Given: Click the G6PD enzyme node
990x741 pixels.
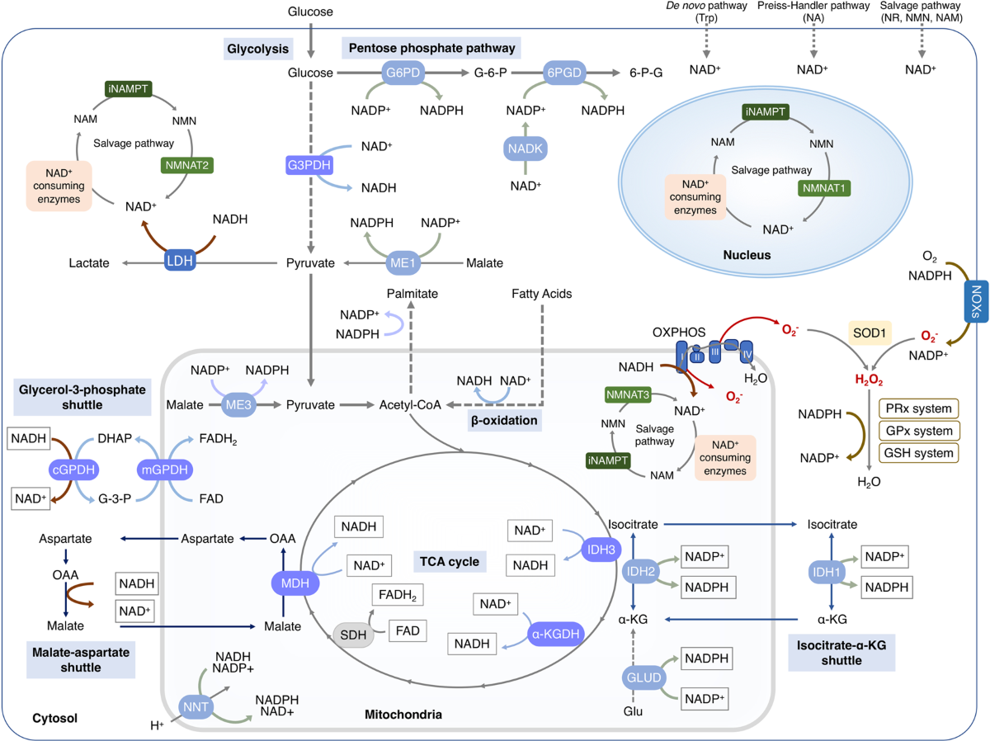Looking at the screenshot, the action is point(403,73).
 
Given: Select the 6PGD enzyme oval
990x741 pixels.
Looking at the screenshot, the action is point(563,73).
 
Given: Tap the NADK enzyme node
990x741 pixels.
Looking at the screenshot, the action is point(525,149).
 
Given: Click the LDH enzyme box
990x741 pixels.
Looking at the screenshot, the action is point(180,260).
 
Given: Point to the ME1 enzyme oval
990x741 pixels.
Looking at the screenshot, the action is point(403,262).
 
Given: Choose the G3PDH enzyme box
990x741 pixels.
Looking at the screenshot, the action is point(309,165).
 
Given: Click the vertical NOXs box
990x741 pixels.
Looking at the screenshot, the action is point(976,301).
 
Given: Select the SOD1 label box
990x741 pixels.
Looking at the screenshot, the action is point(869,333).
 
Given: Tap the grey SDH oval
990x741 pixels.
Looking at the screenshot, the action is point(353,635).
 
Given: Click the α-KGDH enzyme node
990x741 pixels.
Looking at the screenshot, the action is point(555,634).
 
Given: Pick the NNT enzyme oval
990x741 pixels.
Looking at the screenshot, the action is point(196,706).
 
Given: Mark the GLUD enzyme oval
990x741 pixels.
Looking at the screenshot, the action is point(643,677).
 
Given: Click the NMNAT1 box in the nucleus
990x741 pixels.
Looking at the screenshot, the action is point(823,188).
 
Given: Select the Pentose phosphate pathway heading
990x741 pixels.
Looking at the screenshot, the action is point(431,48).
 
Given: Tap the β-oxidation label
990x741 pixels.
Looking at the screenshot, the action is point(504,420).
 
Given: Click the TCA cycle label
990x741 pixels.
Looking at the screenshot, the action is point(450,561).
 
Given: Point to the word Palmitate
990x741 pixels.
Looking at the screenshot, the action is point(412,294).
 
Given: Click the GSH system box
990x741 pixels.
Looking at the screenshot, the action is point(919,453).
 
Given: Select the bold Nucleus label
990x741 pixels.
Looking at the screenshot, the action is point(747,255).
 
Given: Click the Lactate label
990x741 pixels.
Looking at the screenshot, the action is point(89,263).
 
